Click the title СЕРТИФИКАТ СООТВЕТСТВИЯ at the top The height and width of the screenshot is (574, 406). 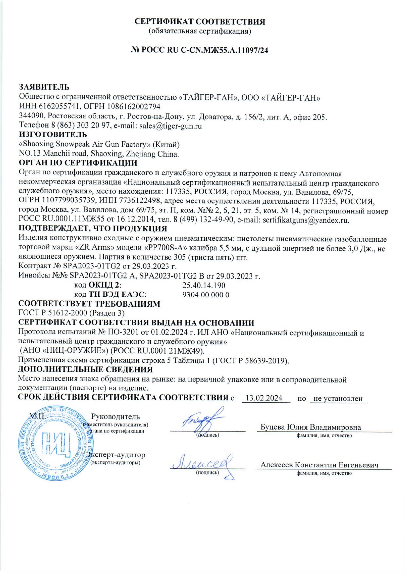point(200,22)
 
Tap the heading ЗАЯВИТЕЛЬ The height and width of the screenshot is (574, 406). point(44,87)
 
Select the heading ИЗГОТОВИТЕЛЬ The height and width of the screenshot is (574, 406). point(53,135)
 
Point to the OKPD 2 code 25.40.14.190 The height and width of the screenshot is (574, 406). point(204,285)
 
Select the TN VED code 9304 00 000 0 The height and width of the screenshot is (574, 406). point(206,295)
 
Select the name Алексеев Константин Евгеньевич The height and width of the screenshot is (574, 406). point(319,465)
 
